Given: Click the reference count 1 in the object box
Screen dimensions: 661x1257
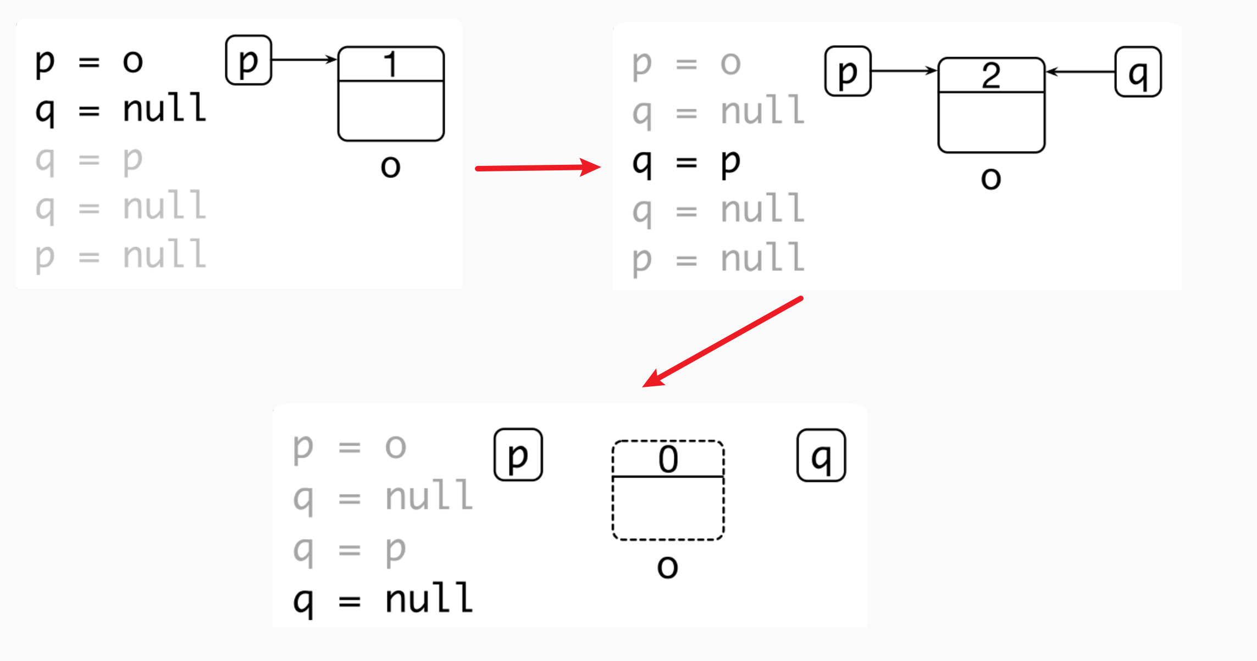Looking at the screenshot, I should point(391,65).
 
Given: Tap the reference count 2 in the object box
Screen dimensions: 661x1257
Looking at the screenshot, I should point(991,76).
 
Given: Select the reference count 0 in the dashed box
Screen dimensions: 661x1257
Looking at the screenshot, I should point(668,459).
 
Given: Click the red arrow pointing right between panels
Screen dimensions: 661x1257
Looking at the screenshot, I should point(538,168).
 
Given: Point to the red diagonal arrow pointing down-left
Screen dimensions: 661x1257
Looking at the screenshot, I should point(723,342).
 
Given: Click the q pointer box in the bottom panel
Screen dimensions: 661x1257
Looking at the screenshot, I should point(821,456).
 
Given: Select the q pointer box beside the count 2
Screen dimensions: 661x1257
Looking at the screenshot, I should point(1138,72).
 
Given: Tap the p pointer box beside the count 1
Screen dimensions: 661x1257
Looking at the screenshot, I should point(248,60).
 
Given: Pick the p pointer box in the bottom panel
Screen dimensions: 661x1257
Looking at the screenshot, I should point(518,455).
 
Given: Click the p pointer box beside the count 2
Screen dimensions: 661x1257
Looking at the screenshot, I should point(848,71).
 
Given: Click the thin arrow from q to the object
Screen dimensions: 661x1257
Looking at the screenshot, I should point(1080,71).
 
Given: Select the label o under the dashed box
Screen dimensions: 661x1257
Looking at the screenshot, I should point(668,566).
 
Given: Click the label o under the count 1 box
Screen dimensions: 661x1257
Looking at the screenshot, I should point(390,166).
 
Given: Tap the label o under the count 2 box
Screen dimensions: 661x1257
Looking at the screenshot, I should point(991,178).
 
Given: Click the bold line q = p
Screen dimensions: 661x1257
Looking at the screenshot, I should point(686,163).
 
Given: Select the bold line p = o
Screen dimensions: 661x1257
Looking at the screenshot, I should point(89,62).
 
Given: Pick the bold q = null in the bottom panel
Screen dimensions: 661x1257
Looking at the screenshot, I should point(383,599).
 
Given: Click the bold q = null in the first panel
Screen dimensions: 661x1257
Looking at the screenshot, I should point(120,109).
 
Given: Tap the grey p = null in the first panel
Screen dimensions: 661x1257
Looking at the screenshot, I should point(120,255).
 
